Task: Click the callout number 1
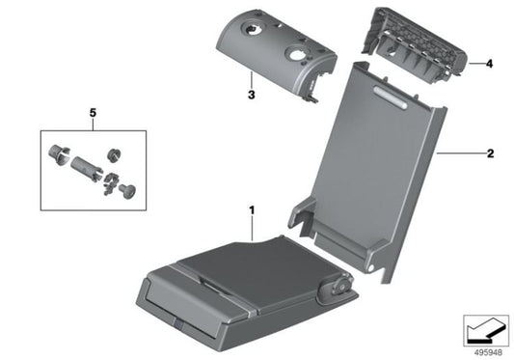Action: tap(253, 208)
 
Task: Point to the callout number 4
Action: tap(489, 65)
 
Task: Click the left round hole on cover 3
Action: tap(255, 32)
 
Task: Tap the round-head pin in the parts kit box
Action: tap(126, 189)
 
